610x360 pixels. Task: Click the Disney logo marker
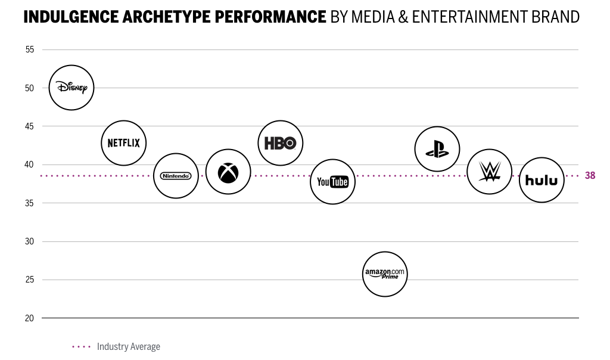71,88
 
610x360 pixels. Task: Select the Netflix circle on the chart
123,143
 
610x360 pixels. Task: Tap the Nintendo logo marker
176,176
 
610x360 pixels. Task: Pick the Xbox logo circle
228,172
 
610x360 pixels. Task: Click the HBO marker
281,143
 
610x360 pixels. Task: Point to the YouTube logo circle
332,182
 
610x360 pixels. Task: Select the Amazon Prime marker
385,274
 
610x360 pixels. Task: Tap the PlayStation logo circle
437,149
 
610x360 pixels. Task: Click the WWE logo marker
489,172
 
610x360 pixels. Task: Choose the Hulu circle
541,180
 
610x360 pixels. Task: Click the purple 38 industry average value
590,176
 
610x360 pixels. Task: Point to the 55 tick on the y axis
30,50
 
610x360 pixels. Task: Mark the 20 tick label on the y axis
30,318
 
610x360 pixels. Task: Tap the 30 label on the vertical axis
30,241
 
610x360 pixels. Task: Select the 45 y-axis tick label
30,126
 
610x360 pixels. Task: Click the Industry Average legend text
128,346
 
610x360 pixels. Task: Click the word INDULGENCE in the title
71,17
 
